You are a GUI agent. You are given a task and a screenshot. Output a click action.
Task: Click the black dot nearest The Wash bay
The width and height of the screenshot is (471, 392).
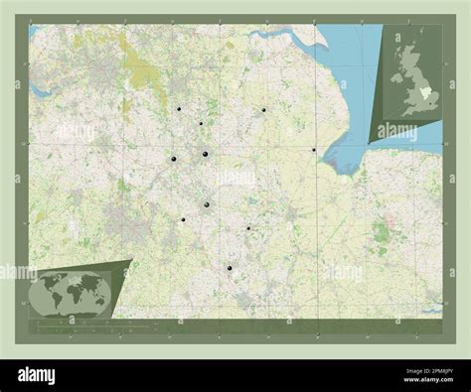314,150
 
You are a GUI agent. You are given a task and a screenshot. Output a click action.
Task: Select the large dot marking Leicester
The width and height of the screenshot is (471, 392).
207,204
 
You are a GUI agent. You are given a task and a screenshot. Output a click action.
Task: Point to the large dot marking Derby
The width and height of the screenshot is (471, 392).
173,159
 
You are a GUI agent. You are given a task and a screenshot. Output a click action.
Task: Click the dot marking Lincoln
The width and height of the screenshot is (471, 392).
264,109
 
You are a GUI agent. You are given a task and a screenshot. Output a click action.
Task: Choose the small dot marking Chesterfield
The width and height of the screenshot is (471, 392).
179,108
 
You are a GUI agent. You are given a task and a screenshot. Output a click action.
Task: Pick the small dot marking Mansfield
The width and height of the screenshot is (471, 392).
201,123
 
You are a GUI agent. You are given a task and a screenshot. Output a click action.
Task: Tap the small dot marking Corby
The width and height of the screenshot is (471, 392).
248,228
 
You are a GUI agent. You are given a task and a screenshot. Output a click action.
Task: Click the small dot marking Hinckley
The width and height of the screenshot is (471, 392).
183,219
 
